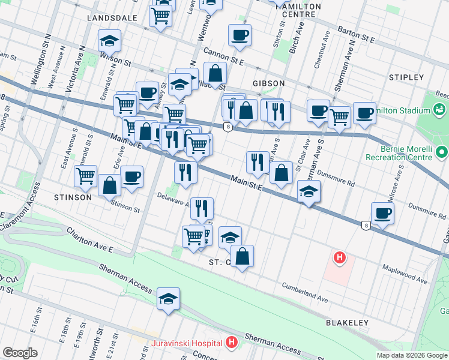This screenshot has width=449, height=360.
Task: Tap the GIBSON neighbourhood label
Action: coord(268,83)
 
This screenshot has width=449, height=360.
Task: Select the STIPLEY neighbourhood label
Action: coord(406,77)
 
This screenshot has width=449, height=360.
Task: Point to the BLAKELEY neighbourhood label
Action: coord(347,323)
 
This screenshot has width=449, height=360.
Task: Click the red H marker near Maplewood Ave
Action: coord(340,258)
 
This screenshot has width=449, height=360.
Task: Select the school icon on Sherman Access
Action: coord(169,298)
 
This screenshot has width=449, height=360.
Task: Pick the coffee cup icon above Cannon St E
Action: coord(240,34)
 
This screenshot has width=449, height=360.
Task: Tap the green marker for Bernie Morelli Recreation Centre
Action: coord(442,151)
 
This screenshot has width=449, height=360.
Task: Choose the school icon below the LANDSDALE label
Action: coord(109,40)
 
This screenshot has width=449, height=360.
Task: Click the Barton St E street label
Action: coord(356,35)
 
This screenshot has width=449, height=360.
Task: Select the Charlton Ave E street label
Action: coord(90,240)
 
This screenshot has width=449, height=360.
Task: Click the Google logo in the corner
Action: coord(20,353)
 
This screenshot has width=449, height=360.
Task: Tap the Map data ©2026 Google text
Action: coord(411,355)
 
